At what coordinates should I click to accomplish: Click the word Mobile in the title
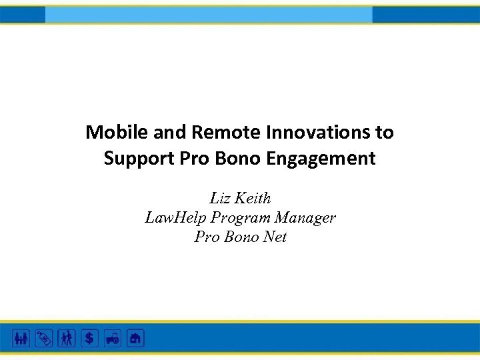[117, 133]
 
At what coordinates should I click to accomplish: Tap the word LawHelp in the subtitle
[175, 217]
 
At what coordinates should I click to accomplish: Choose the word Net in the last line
[273, 237]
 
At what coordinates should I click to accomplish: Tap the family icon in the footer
[21, 338]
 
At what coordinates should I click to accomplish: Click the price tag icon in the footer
[44, 338]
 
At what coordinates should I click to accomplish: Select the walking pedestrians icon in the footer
[67, 338]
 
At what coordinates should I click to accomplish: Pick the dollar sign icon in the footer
[89, 338]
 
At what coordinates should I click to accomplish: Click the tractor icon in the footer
[112, 338]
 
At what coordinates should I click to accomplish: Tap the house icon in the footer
[135, 338]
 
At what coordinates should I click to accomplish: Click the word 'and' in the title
[170, 133]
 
